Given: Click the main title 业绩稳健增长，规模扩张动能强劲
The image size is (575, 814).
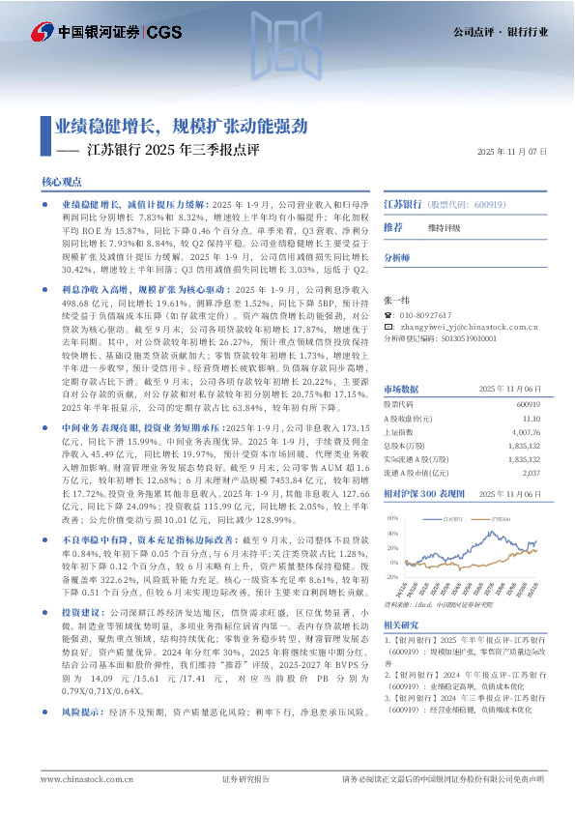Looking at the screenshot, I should coord(181,126).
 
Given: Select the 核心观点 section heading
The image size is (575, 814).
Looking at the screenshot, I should coord(62,182).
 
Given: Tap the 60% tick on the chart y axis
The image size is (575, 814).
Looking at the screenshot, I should coord(393,519).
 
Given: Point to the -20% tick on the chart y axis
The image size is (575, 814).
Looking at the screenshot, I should coord(392,577).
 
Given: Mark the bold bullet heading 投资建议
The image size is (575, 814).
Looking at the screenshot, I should coord(81,613).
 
